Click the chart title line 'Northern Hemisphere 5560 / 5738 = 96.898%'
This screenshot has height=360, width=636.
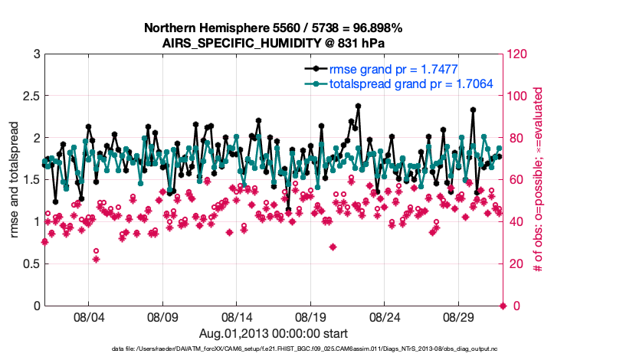273,28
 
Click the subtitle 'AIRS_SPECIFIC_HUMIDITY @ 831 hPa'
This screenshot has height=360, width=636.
273,42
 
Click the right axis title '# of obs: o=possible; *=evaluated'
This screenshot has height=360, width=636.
538,179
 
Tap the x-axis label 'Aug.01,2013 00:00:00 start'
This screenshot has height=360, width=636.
273,333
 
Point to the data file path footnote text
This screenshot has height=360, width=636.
273,349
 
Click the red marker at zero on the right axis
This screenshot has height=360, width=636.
503,306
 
